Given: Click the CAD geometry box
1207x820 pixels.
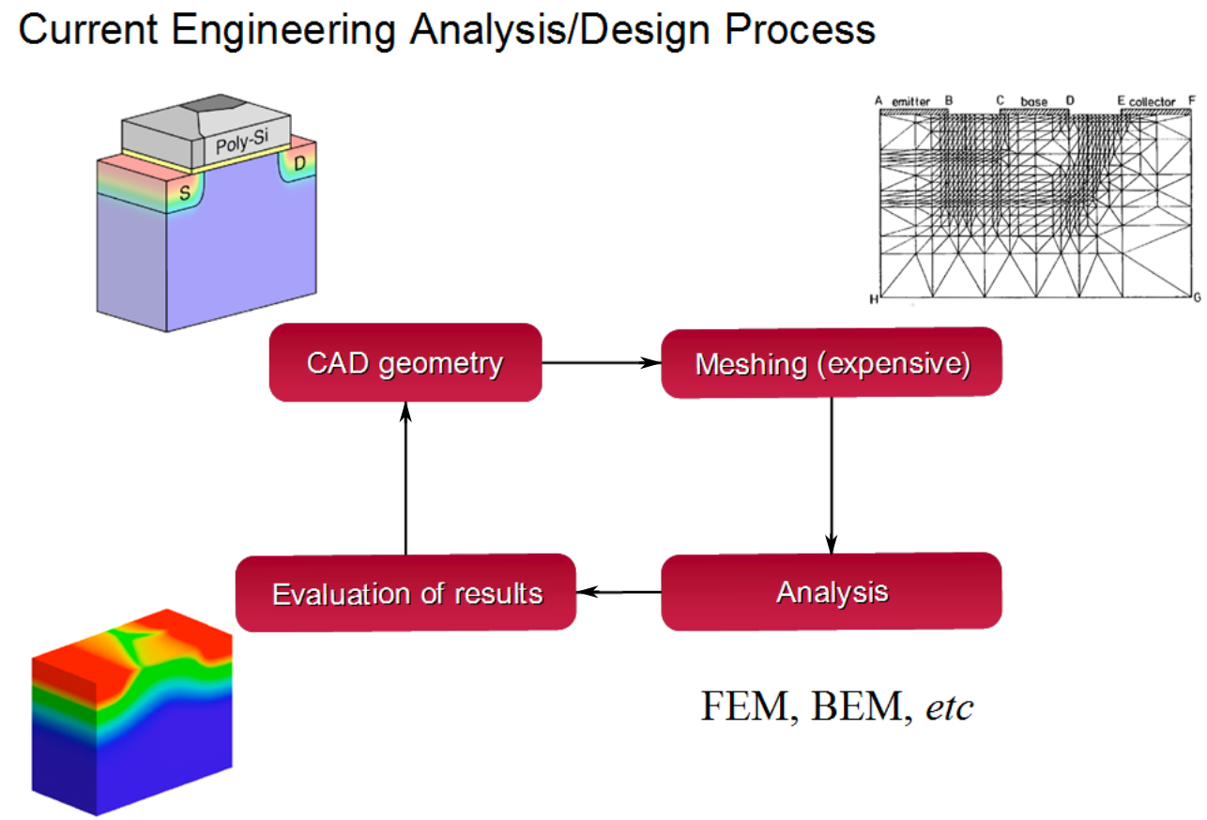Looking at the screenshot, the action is point(405,362).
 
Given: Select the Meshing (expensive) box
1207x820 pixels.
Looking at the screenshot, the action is point(832,362).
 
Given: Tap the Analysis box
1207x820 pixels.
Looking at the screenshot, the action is point(832,592).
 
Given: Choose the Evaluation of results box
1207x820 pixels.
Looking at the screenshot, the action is point(405,593).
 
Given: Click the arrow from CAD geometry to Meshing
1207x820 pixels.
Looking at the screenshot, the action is point(602,362).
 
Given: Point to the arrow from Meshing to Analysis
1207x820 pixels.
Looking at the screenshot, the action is point(832,477).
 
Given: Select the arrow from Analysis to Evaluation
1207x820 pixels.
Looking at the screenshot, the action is point(619,592).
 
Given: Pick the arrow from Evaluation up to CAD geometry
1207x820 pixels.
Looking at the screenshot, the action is point(405,478).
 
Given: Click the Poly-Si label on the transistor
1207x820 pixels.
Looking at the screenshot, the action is point(242,142).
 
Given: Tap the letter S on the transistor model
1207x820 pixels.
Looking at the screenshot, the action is point(185,193).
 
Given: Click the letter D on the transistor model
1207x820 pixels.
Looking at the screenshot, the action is point(300,162).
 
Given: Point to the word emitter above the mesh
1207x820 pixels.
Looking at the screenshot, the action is point(910,101).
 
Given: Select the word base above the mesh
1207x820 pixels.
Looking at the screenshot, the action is point(1034,101).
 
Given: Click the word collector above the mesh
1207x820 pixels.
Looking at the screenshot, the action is point(1152,101).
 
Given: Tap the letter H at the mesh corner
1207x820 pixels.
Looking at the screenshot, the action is point(874,299).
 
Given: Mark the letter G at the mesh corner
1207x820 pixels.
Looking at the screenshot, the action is point(1198,297).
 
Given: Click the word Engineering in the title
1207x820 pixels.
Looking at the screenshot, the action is point(283,30).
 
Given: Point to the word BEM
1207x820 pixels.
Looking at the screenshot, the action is point(858,706).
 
